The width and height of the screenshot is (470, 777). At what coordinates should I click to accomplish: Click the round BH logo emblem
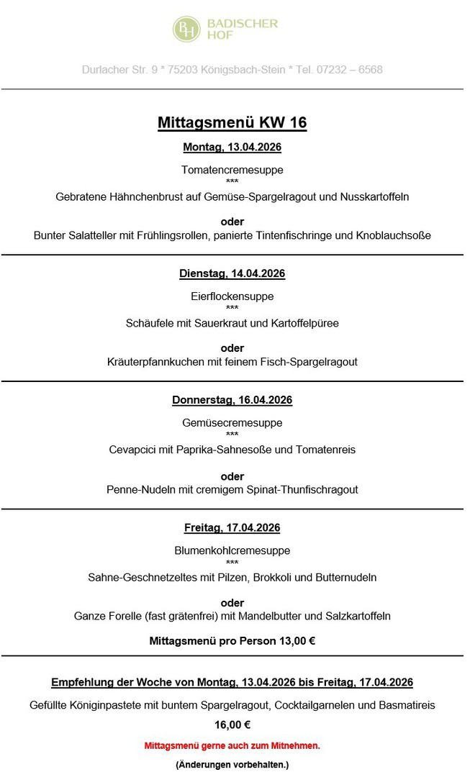[187, 29]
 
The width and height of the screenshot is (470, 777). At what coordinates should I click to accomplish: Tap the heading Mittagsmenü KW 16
[232, 123]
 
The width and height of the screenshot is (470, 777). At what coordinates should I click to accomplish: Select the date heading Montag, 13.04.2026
[232, 147]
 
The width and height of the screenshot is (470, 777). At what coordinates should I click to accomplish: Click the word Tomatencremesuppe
[232, 171]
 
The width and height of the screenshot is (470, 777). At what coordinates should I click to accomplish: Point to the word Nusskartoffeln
[375, 196]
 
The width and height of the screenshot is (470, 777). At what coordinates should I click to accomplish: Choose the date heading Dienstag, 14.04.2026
[232, 273]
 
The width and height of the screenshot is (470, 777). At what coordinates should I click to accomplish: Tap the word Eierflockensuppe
[232, 296]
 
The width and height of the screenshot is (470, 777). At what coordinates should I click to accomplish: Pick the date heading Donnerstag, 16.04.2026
[232, 400]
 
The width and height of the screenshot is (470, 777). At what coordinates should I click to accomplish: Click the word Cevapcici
[132, 450]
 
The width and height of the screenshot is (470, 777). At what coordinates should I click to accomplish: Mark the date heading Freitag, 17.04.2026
[232, 527]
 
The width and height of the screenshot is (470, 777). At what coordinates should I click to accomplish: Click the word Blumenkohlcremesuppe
[232, 550]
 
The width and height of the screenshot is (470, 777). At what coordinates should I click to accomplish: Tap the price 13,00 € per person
[297, 640]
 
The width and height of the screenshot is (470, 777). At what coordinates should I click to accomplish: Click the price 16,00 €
[232, 725]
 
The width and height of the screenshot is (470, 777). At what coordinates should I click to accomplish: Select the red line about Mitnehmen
[232, 746]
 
